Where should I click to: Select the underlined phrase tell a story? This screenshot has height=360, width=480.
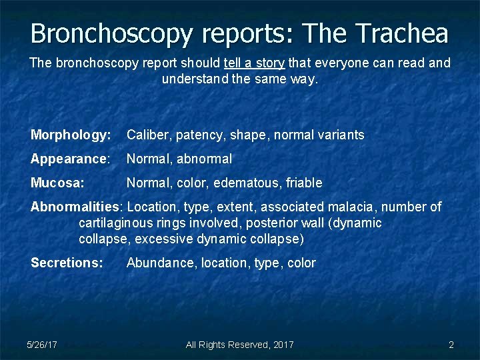tap(255, 63)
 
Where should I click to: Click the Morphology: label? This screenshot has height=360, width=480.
tap(71, 135)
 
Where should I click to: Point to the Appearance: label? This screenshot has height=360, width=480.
tap(70, 159)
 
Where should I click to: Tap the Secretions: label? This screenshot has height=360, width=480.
tap(67, 263)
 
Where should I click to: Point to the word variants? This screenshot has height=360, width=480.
tap(340, 135)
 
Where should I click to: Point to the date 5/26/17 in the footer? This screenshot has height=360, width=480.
tap(42, 345)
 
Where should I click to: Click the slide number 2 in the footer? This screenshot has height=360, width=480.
tap(451, 345)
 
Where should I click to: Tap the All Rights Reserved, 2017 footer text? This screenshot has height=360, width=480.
tap(239, 345)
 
